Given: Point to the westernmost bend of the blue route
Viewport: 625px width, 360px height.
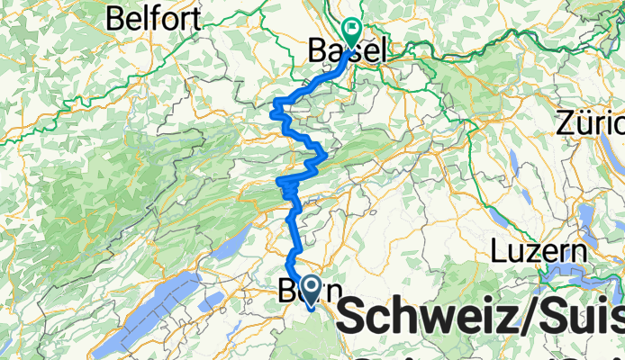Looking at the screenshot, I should (275, 112).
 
